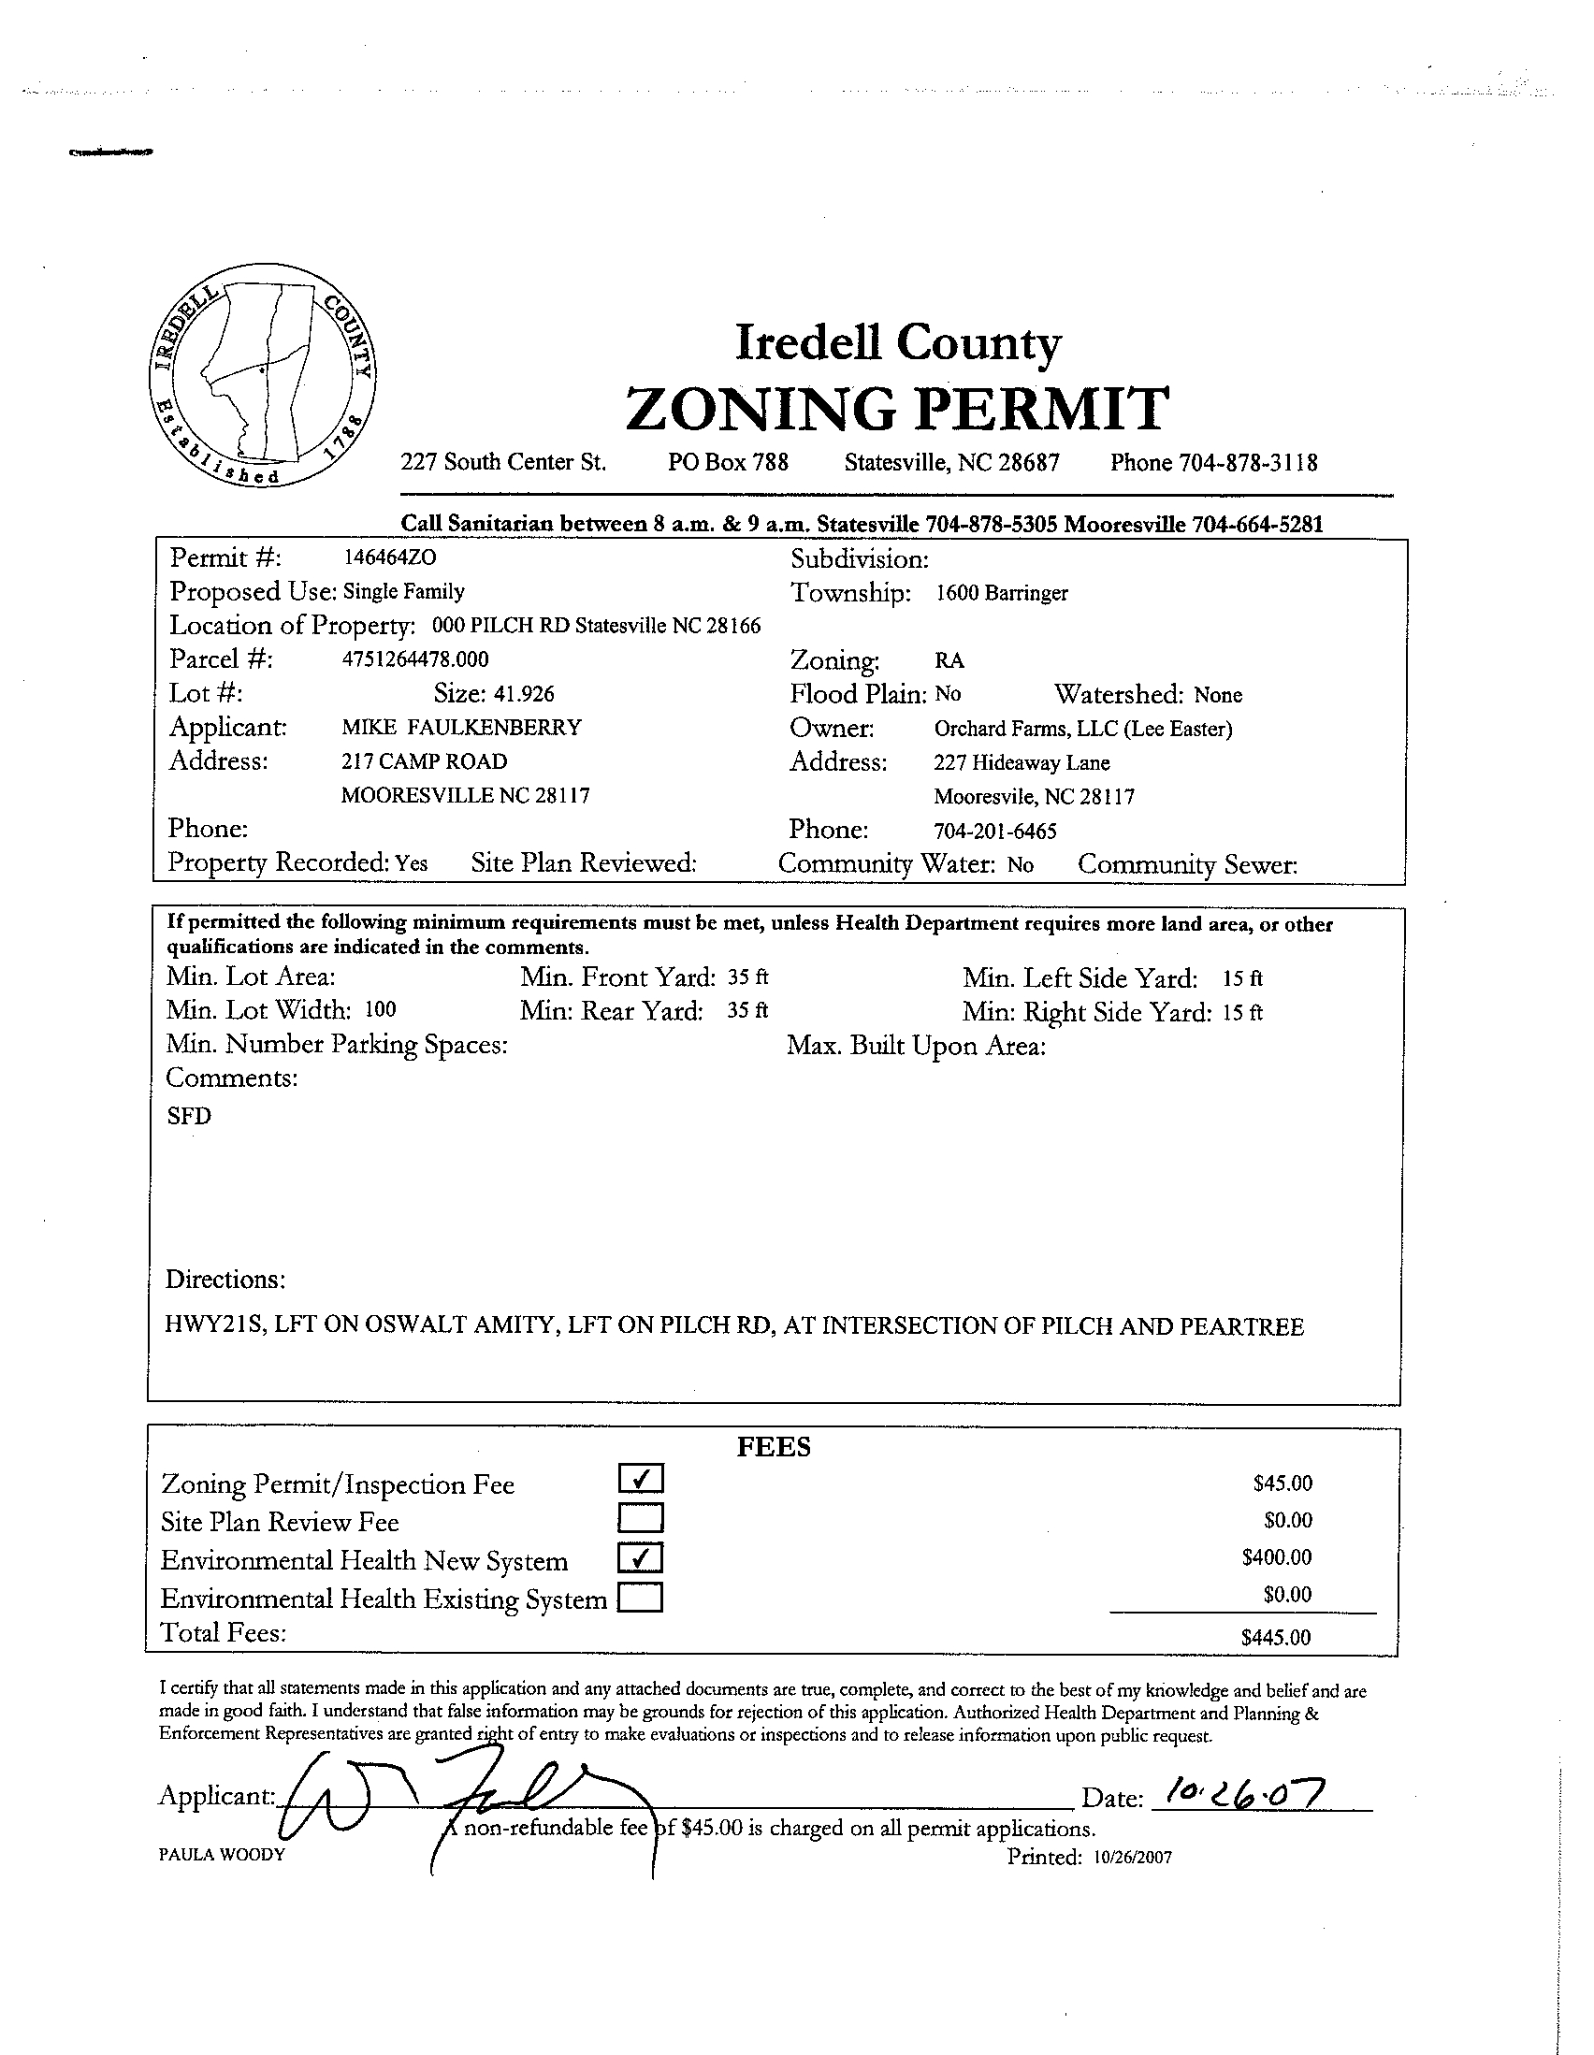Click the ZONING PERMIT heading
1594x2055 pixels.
(x=897, y=409)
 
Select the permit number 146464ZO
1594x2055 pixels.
(x=389, y=557)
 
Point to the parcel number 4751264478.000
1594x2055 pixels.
(x=415, y=659)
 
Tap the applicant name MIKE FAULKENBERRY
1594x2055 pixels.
(x=461, y=728)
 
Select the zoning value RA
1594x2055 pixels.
(x=949, y=660)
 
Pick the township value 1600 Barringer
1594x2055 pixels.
(x=1001, y=593)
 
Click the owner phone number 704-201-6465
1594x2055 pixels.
(x=994, y=831)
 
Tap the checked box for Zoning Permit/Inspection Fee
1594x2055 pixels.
(x=641, y=1479)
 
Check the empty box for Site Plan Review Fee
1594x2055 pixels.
(x=641, y=1518)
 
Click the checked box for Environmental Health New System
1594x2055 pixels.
(x=641, y=1558)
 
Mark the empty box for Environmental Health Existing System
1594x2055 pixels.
(x=640, y=1598)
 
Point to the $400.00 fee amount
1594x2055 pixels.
(x=1276, y=1557)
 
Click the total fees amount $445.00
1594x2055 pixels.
(x=1275, y=1637)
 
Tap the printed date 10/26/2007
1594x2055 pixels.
(x=1133, y=1858)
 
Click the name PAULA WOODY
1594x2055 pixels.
(x=221, y=1855)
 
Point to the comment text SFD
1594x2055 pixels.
(x=189, y=1116)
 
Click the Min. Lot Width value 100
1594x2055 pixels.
(x=380, y=1009)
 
